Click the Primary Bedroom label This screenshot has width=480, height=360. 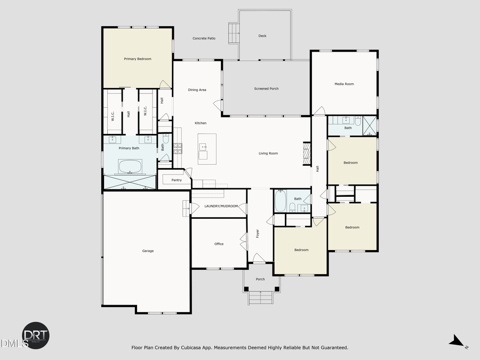pos(138,59)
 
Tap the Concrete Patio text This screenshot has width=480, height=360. pos(204,38)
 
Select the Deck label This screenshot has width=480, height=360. pos(262,36)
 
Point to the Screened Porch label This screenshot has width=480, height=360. pos(266,89)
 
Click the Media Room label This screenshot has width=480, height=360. pos(344,84)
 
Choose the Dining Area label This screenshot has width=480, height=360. pos(197,90)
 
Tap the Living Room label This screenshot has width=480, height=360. pos(268,154)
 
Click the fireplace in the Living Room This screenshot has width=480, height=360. pos(306,154)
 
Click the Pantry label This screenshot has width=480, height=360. pos(177,180)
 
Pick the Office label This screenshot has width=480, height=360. pos(219,244)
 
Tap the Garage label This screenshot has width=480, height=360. pos(148,251)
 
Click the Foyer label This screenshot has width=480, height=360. pos(257,233)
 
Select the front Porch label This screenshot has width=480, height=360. pos(260,279)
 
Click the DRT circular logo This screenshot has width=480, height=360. pos(36,335)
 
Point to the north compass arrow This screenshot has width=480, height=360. pos(455,341)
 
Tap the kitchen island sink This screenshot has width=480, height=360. pos(203,146)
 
